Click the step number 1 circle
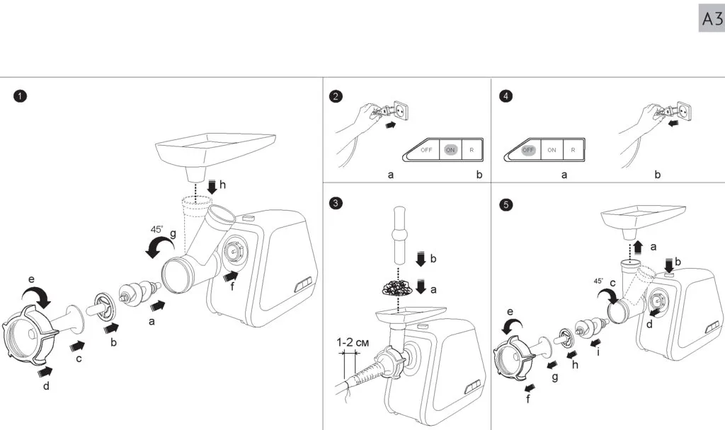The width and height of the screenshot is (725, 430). pos(21,96)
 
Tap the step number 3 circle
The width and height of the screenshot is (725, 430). pos(336,203)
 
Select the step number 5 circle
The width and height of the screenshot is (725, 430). pos(506,204)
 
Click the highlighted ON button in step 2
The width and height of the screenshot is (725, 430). pos(450,150)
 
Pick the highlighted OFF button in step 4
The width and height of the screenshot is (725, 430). pos(528,150)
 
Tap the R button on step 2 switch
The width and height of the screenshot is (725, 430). pos(472,150)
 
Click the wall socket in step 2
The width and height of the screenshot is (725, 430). pos(401,111)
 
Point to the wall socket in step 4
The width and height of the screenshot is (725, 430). pos(685,111)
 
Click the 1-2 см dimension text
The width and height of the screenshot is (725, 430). pos(352,343)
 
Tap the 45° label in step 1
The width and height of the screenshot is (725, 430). pos(156,229)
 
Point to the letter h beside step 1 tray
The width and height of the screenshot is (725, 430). pos(222,185)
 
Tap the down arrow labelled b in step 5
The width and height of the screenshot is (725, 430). pos(668,265)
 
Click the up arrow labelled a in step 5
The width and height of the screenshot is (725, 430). pos(638,247)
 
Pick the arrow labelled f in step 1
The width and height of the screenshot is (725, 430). pos(231,277)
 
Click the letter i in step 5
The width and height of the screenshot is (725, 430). pos(598,352)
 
